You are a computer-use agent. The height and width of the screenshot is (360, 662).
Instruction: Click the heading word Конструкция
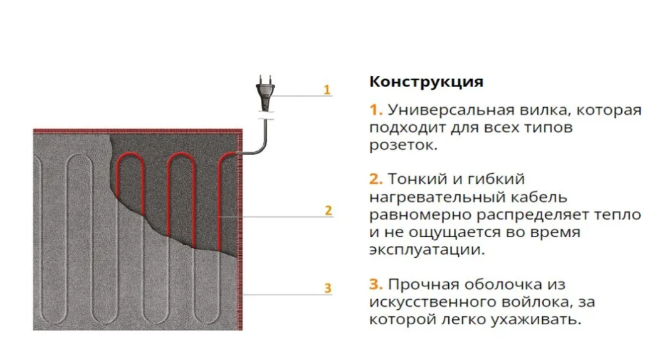(x=426, y=82)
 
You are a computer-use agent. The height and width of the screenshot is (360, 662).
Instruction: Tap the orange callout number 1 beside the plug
(x=327, y=90)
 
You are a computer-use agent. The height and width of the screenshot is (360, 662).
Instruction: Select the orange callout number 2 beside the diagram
(x=328, y=211)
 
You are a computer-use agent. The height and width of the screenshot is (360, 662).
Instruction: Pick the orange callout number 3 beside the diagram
(x=327, y=289)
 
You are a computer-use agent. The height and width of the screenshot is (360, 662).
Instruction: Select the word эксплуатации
(x=426, y=250)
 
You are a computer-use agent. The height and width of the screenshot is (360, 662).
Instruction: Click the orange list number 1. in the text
(x=376, y=110)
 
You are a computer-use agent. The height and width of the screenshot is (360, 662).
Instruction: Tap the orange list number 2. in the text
(x=376, y=179)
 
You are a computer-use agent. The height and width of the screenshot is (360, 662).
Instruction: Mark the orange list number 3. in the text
(x=376, y=284)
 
